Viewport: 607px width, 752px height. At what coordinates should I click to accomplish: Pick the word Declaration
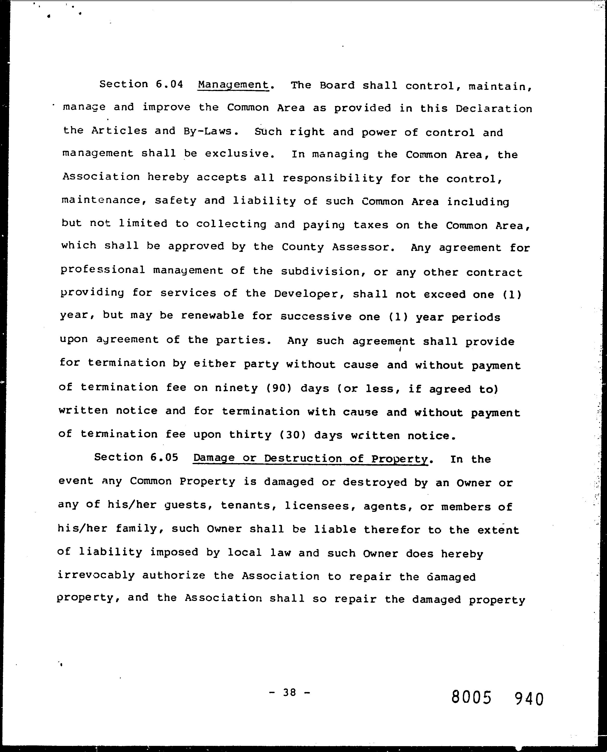494,109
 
